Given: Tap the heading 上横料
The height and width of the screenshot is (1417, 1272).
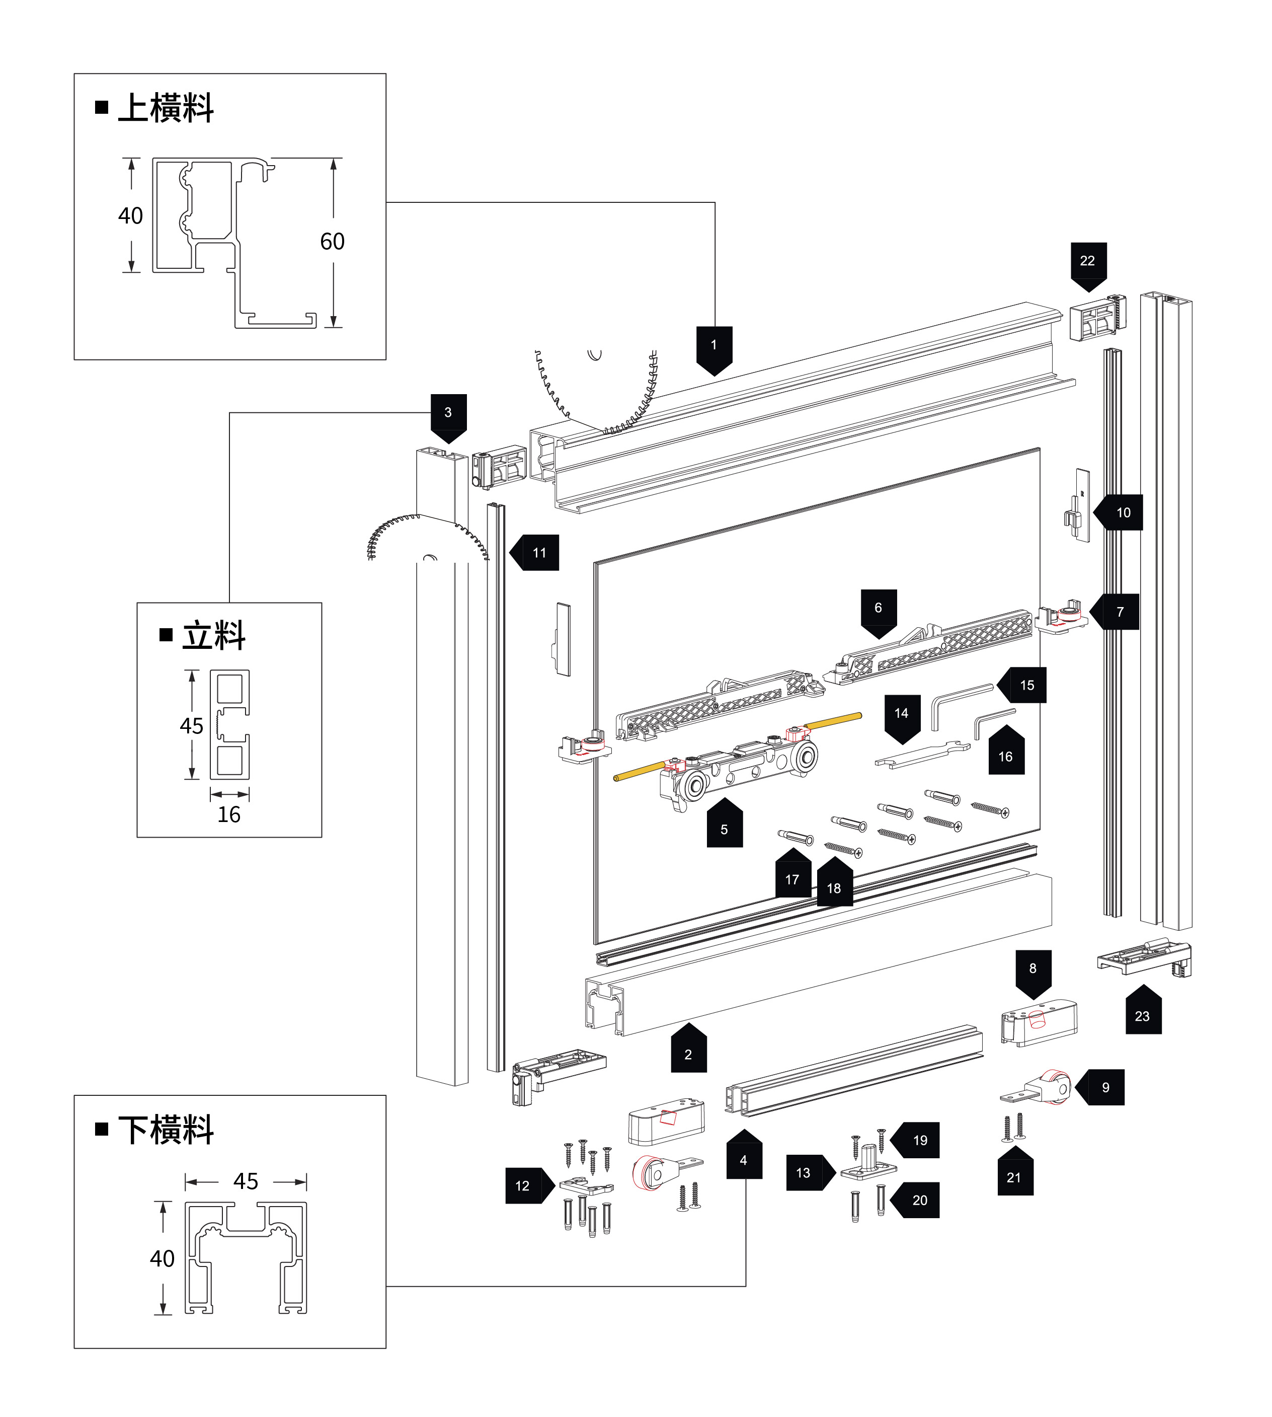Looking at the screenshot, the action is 166,108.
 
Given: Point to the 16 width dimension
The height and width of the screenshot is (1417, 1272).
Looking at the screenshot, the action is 228,815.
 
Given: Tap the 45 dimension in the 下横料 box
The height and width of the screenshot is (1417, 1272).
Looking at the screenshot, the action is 246,1181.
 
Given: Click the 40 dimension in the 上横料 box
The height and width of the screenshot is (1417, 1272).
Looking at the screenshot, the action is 131,216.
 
